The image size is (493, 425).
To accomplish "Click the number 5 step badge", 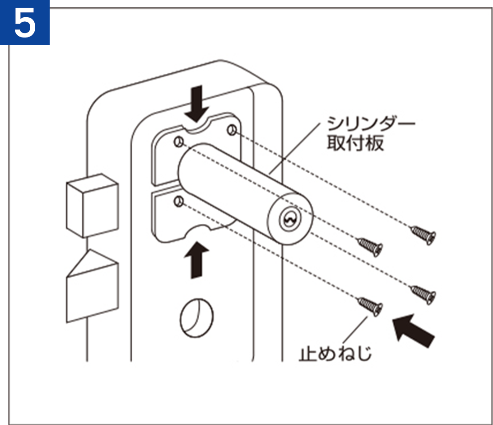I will coord(24,23).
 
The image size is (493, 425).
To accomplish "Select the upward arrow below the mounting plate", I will coord(197,260).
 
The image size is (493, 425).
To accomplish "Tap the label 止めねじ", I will coord(335,353).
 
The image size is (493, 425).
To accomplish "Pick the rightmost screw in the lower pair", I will coord(423,293).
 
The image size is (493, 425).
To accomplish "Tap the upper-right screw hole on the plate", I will coord(232,130).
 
